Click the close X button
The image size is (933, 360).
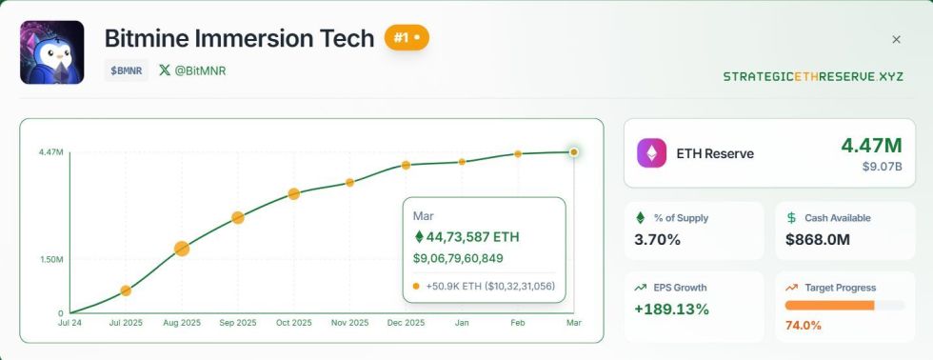[x=896, y=39]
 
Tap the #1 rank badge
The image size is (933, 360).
[x=407, y=38]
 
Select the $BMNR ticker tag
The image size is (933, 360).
[x=127, y=70]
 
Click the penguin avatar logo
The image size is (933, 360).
[x=52, y=52]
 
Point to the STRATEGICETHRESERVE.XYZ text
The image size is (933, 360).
[x=812, y=76]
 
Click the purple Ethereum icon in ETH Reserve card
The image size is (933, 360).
[x=652, y=152]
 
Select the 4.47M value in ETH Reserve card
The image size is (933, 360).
[x=870, y=146]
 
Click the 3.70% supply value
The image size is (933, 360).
[x=657, y=239]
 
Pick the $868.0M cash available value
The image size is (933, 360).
[x=818, y=239]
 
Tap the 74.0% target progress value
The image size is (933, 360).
[x=804, y=326]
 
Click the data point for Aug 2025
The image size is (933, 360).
[x=182, y=249]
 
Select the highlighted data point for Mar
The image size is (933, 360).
[x=573, y=151]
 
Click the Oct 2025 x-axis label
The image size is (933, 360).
[x=294, y=324]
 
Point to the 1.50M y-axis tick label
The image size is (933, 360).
[x=50, y=259]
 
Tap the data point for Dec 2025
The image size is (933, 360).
[x=406, y=165]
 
